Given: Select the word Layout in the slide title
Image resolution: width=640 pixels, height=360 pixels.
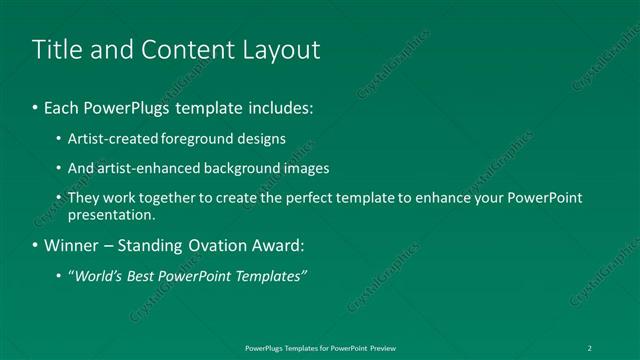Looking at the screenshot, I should (279, 49).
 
